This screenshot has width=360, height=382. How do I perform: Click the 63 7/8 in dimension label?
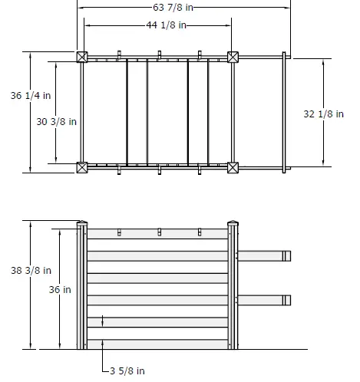(x=183, y=8)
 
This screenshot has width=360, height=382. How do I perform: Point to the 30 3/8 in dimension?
(x=57, y=121)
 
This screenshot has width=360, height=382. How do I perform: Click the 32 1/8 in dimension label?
(x=323, y=114)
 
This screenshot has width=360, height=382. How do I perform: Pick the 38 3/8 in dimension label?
(x=31, y=270)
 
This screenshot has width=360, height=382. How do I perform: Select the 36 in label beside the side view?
(x=61, y=289)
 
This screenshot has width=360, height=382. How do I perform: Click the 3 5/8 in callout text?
(x=127, y=370)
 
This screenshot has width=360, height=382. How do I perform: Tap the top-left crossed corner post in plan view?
(x=81, y=57)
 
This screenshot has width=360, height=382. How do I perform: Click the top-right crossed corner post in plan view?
(x=233, y=57)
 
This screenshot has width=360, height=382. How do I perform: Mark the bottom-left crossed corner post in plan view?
(x=81, y=167)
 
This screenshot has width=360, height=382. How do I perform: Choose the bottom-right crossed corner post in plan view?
(x=233, y=167)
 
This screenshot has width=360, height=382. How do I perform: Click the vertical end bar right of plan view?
(x=286, y=112)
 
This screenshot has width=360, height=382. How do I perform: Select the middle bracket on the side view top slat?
(x=159, y=232)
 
